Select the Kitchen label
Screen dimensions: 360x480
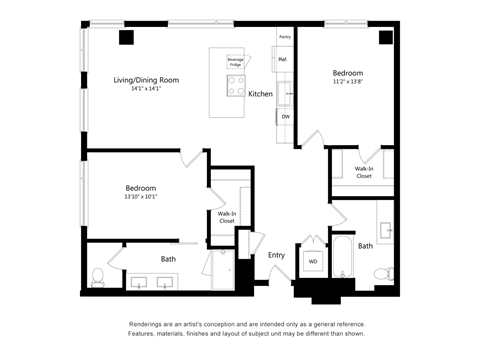260,94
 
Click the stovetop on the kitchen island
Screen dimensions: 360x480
237,87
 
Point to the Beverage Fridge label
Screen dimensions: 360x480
235,63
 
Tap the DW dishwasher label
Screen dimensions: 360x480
286,117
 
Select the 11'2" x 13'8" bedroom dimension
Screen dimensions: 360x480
348,81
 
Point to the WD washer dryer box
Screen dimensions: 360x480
312,262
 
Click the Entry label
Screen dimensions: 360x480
276,255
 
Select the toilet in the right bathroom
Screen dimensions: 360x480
380,273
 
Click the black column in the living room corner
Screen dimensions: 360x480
127,38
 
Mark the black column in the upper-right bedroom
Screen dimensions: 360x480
386,37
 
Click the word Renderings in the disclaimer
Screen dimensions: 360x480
148,325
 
